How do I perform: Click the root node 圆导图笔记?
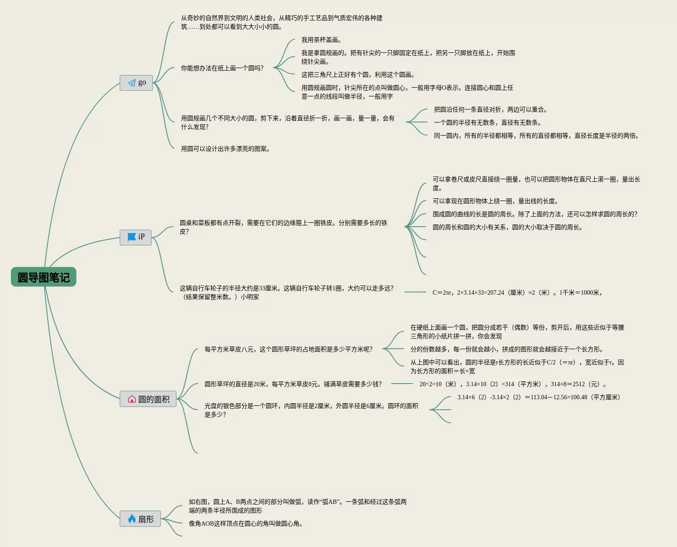coord(44,277)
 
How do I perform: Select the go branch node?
coord(136,83)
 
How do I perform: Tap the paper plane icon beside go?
coord(132,83)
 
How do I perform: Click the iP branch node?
coord(136,237)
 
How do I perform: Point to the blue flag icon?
coord(131,237)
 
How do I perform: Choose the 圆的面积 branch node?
coord(148,399)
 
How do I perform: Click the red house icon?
coord(132,399)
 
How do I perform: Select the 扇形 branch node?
coord(140,519)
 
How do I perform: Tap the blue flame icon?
coord(132,519)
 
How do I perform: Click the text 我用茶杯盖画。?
coord(321,40)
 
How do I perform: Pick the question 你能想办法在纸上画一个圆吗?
coord(222,68)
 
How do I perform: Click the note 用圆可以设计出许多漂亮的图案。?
coord(225,149)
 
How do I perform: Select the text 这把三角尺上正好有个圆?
coord(358,75)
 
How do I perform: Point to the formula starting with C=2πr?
coord(517,293)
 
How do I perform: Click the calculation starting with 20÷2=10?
coord(513,384)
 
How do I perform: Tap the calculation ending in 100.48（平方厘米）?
coord(539,398)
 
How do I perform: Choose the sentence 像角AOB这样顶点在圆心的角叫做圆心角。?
coord(246,524)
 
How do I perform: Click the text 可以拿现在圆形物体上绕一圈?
coord(495,201)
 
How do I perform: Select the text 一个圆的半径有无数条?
coord(487,123)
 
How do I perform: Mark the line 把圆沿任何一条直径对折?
coord(490,110)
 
